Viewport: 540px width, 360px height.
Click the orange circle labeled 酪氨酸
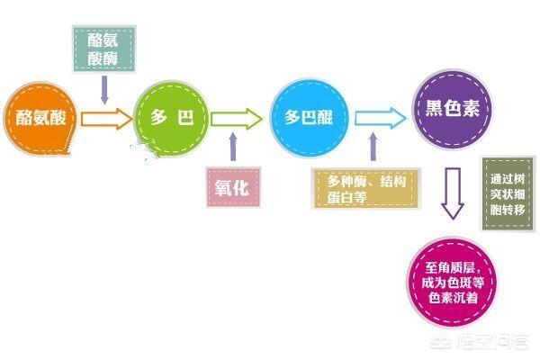[x=40, y=119]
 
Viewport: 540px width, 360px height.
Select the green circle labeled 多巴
[x=171, y=119]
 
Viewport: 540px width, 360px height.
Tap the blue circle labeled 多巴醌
[x=309, y=118]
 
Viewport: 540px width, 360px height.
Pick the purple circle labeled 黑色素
[x=452, y=110]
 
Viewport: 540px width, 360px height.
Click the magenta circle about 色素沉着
[x=453, y=283]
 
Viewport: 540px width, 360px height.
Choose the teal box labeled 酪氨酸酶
[x=104, y=49]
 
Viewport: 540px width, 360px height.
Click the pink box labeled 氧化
[x=233, y=187]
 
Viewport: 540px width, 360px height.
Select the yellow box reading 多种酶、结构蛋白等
[x=365, y=188]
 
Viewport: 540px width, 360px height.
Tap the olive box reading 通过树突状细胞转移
[x=508, y=194]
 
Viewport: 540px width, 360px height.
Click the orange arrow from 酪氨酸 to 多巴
[x=107, y=119]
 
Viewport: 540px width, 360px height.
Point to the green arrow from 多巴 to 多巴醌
[x=236, y=119]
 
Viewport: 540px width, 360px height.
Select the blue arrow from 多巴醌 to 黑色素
[x=381, y=118]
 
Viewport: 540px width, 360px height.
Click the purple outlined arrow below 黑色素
[x=453, y=193]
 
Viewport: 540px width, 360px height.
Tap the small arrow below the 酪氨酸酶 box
[x=104, y=90]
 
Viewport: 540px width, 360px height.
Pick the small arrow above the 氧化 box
[x=233, y=147]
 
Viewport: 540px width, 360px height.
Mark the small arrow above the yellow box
[x=373, y=147]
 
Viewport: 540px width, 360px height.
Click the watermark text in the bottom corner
[x=480, y=341]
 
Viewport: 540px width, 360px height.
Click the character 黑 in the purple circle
[x=435, y=109]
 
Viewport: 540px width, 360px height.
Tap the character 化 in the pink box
[x=241, y=188]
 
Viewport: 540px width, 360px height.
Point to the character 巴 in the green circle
[x=185, y=118]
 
